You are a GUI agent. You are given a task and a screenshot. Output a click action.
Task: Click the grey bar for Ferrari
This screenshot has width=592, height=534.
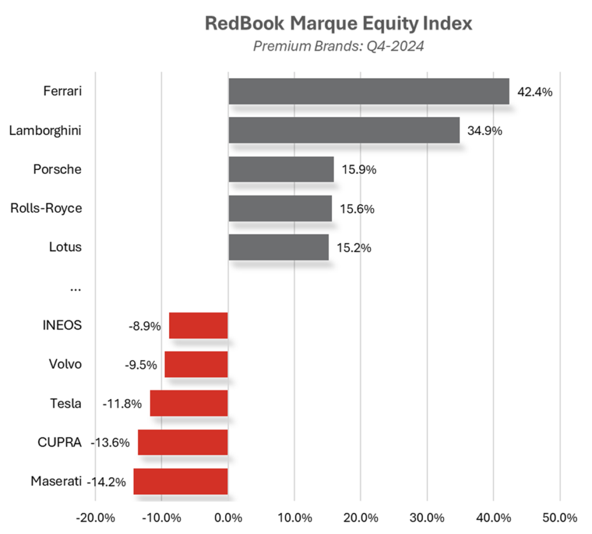click(x=368, y=91)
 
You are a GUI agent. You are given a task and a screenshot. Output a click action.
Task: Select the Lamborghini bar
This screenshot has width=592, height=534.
click(x=343, y=130)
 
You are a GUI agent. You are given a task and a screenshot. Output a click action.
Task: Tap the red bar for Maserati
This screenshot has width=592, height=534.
click(x=180, y=481)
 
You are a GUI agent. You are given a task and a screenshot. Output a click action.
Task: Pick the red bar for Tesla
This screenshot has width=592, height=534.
click(x=188, y=403)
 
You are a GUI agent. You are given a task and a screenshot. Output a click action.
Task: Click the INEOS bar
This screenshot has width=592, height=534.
click(x=198, y=325)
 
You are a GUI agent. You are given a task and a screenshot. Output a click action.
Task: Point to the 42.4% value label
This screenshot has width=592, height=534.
click(x=535, y=91)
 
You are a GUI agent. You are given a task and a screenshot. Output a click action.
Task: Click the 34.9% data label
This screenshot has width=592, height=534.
click(x=484, y=131)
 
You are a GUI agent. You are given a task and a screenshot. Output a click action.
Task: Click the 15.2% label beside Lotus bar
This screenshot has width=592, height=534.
click(x=353, y=248)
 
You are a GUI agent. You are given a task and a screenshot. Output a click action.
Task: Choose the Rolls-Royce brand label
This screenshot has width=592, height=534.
click(x=46, y=208)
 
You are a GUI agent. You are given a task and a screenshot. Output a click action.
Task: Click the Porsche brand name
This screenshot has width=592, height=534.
click(x=57, y=170)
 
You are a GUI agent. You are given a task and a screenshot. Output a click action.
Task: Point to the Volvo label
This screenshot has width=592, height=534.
click(x=65, y=364)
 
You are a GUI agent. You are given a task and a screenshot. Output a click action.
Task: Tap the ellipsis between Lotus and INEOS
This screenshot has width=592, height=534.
click(x=75, y=288)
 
